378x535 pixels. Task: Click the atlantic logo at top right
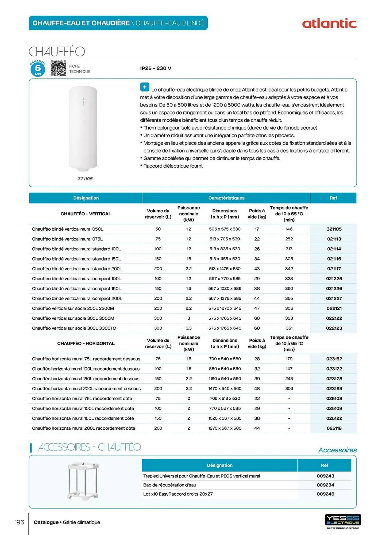[x=329, y=24]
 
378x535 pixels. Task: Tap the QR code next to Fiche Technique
[x=58, y=68]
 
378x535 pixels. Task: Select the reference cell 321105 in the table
[x=334, y=229]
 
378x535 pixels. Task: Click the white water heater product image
[x=83, y=128]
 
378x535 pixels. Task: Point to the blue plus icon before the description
[x=145, y=87]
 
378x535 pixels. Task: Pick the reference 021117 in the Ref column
[x=334, y=269]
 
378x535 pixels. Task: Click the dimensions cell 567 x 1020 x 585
[x=225, y=288]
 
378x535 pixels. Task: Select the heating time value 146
[x=289, y=229]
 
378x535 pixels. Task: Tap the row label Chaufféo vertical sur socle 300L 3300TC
[x=74, y=328]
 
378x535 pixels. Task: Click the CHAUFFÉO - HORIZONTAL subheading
[x=86, y=343]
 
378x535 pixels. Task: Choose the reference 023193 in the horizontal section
[x=334, y=388]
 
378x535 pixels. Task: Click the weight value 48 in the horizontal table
[x=257, y=388]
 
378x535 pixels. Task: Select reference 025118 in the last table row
[x=334, y=428]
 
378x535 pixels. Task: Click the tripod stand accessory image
[x=83, y=480]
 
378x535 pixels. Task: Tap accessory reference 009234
[x=325, y=485]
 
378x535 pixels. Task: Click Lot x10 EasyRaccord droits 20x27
[x=178, y=494]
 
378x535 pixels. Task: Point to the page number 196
[x=19, y=522]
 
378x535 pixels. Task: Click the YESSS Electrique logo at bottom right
[x=343, y=520]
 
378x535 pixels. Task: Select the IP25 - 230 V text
[x=156, y=68]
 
